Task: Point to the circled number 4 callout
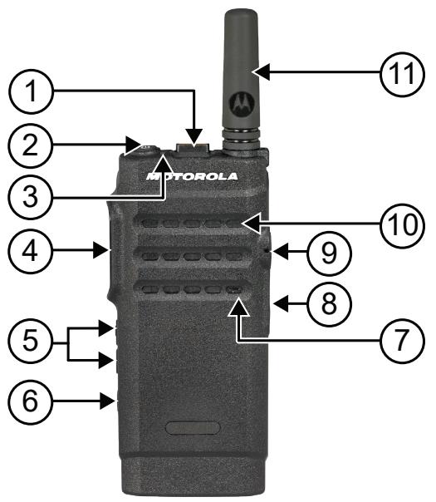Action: [x=30, y=248]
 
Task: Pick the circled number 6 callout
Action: [x=30, y=402]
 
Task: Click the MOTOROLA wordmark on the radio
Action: [x=193, y=176]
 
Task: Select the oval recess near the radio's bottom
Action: [x=193, y=428]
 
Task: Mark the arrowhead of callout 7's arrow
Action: [x=238, y=308]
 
